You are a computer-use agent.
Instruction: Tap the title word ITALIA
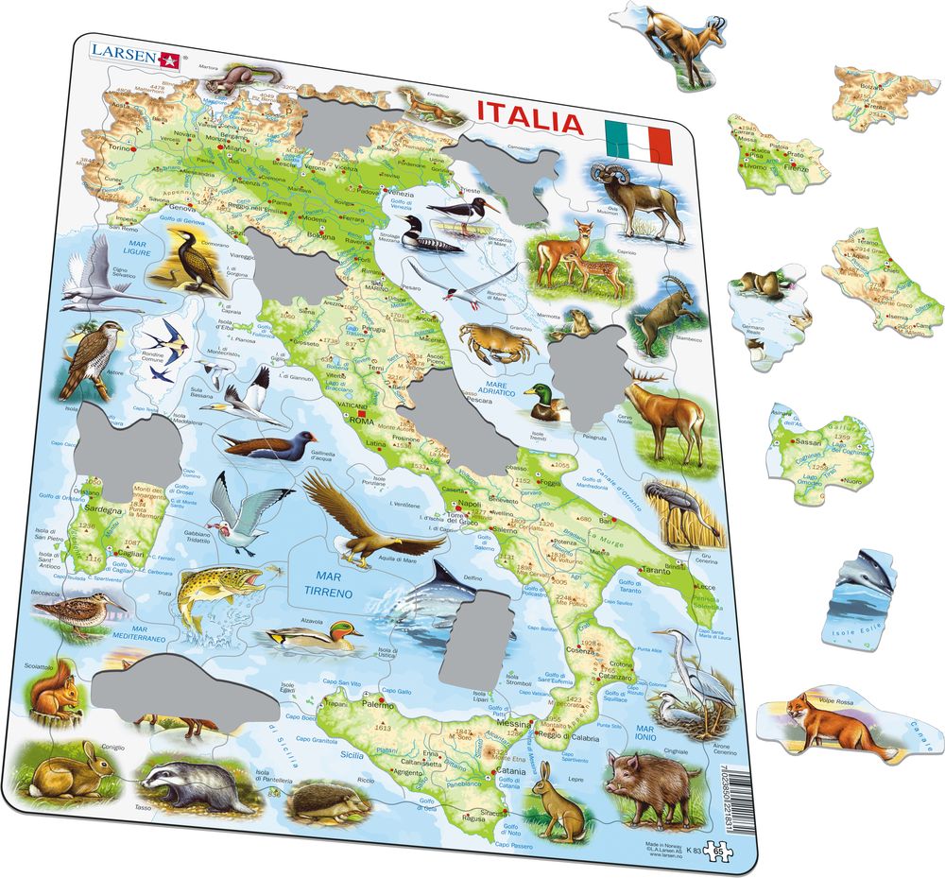tap(528, 123)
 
